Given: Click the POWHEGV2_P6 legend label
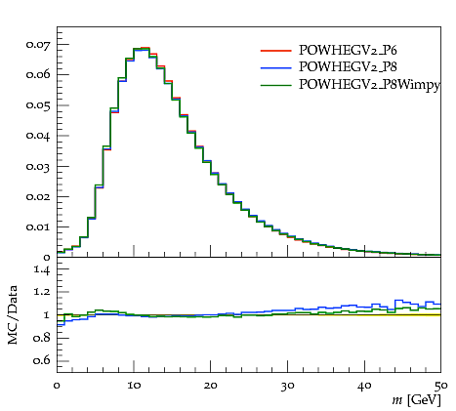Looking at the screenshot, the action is coord(348,50).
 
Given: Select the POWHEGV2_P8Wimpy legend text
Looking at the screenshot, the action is coord(370,85).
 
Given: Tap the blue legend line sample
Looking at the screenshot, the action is coord(275,67).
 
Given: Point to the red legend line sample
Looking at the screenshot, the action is coord(275,51).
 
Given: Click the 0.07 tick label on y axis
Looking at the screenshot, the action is coord(38,45).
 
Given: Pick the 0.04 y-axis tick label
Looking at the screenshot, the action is coord(38,136).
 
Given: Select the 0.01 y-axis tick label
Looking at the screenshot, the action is coord(38,226).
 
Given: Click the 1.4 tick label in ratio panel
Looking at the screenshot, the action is coord(42,269).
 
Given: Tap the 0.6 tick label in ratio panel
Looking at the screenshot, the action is coord(42,360).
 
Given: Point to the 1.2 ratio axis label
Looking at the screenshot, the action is coord(42,292).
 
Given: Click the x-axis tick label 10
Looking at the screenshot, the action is coord(134,386).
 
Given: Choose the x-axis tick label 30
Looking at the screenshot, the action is coord(287,386).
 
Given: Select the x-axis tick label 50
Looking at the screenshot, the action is coord(440,386).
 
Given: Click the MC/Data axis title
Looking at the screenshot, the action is coord(13,315).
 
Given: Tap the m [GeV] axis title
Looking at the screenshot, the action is coord(416,400).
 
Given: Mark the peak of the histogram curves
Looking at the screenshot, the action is coord(142,48).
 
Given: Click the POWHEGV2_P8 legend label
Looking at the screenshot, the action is coord(348,67).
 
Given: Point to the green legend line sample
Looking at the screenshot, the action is coord(275,85).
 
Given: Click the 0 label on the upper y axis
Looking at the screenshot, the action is coord(47,258).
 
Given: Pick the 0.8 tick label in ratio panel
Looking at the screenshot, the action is coord(42,338).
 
